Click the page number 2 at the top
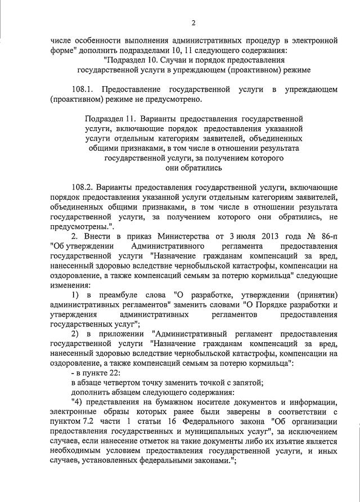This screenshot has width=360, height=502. (193, 23)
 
